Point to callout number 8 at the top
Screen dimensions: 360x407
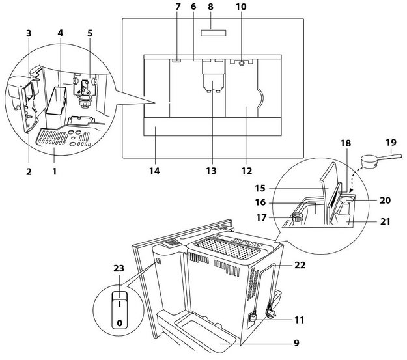[x=210, y=9]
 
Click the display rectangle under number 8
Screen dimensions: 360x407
[x=210, y=33]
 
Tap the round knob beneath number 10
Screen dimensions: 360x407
[x=242, y=64]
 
